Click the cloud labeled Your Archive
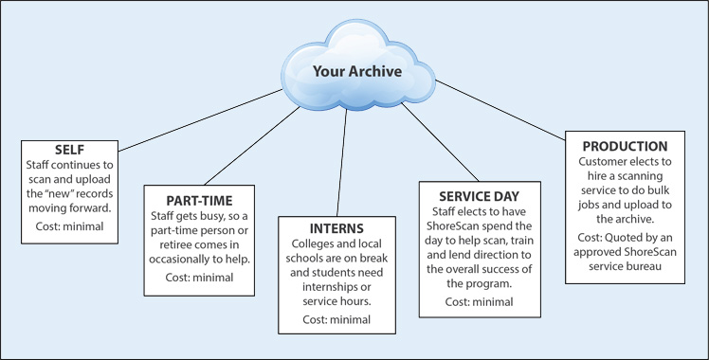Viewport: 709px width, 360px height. click(357, 65)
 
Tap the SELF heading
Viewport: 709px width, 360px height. click(69, 150)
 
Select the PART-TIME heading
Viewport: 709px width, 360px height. click(199, 201)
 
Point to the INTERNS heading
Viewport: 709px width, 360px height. click(336, 228)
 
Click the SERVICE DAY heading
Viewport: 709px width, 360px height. click(480, 196)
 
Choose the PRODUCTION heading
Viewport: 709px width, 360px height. click(625, 146)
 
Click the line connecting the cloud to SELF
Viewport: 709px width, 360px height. click(200, 120)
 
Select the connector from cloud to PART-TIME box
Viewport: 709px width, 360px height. click(252, 146)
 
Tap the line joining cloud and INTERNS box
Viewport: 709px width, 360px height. click(342, 163)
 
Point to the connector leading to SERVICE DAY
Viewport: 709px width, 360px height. click(440, 142)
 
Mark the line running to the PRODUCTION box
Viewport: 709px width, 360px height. click(500, 110)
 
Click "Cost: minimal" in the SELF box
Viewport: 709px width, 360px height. click(69, 225)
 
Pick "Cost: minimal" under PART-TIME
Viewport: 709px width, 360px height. click(199, 277)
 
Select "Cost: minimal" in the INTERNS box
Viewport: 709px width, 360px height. click(336, 319)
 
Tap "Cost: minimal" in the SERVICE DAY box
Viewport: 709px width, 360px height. click(480, 301)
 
